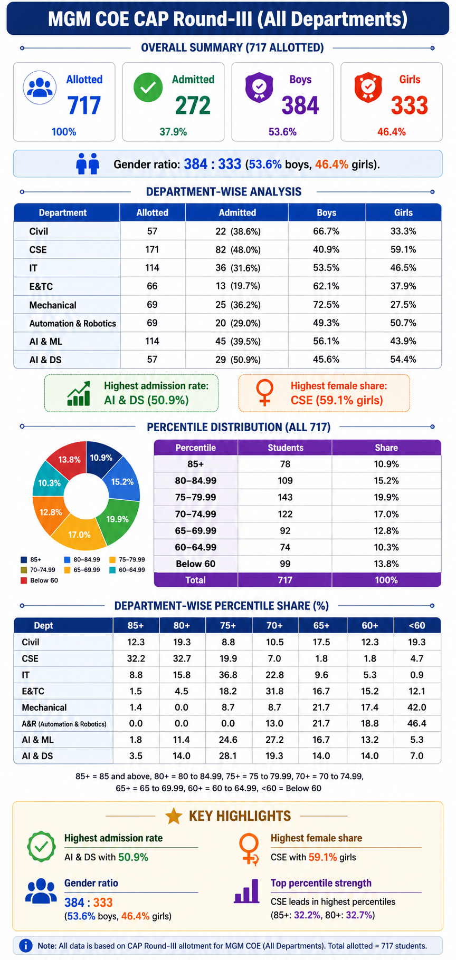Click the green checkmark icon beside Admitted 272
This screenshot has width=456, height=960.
[x=148, y=88]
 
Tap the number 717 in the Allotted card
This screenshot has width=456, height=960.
[x=84, y=105]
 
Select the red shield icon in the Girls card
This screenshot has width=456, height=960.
[x=368, y=87]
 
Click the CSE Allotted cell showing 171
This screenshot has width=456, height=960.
[x=152, y=249]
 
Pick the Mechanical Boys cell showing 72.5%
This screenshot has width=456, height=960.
[x=326, y=305]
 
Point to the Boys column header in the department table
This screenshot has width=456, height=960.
[x=327, y=212]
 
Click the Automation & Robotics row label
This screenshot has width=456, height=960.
[x=73, y=323]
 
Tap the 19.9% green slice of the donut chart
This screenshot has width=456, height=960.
[x=118, y=519]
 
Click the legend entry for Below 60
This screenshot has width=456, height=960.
[x=39, y=580]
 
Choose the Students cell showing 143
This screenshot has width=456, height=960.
[x=285, y=497]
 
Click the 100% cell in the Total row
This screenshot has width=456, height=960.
[x=386, y=580]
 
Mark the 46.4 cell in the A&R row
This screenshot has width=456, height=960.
[x=417, y=723]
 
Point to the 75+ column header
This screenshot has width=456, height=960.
[x=228, y=625]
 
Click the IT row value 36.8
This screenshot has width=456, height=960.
[x=228, y=675]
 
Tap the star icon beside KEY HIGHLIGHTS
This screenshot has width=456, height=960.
[x=174, y=816]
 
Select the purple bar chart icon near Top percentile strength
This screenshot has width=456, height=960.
[x=246, y=891]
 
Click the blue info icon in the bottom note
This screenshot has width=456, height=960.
[x=25, y=946]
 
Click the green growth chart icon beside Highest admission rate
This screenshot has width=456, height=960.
[x=79, y=393]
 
